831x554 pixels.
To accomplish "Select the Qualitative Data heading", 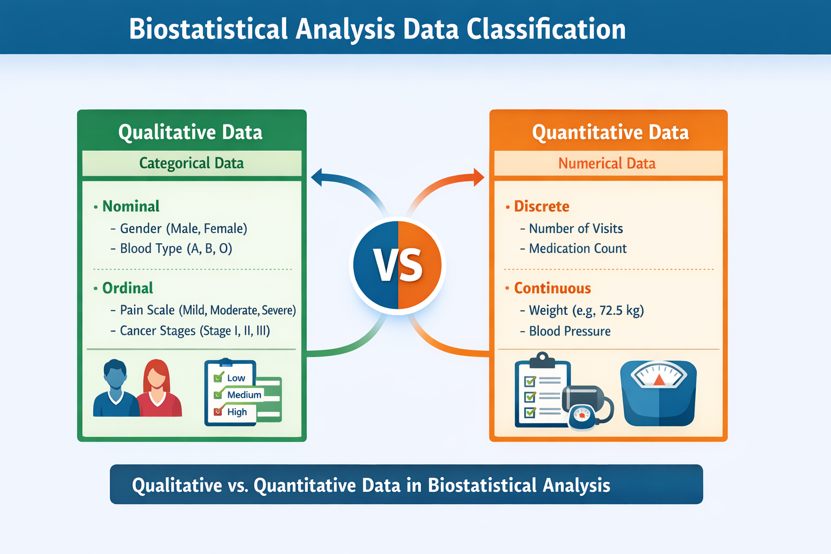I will coord(190,132).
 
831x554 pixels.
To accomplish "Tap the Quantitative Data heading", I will coord(610,132).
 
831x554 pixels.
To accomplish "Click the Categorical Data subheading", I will coord(192,163).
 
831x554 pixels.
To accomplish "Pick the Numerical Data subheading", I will coord(606,163).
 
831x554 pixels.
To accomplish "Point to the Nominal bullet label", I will coord(131,206).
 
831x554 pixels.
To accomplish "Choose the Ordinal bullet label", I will coord(128,288).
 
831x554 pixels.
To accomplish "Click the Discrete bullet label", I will coord(542,206).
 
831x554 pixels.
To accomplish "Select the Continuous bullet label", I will coord(552,288).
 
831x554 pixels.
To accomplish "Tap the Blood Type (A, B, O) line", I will coord(176,248).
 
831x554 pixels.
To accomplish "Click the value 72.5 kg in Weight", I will coord(621,311).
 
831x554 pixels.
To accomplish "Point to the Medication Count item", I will coord(577,248).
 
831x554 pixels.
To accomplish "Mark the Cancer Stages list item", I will coord(195,331).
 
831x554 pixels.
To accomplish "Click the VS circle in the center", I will coord(398,266).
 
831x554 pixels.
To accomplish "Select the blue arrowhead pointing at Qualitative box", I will coord(316,177).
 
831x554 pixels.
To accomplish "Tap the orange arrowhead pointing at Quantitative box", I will coord(478,177).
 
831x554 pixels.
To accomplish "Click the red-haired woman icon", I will coord(157,388).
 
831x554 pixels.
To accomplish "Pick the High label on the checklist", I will coord(237,412).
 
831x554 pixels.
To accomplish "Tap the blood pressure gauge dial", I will coord(582,415).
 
